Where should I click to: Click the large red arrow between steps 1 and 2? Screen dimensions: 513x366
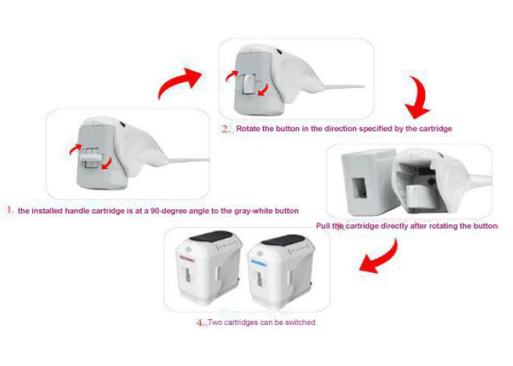178,82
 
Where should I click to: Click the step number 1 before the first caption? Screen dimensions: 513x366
10,210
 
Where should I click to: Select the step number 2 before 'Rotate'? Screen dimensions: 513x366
226,129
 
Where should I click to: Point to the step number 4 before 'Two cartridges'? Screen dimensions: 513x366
201,323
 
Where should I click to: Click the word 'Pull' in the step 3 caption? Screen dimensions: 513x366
323,225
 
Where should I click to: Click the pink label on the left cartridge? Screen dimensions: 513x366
186,261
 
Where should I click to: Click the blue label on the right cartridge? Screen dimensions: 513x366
259,263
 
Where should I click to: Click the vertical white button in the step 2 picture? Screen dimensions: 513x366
250,85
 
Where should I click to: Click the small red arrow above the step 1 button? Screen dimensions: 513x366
75,149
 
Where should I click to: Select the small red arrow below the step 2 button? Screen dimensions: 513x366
263,90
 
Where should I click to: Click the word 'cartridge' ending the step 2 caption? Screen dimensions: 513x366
436,128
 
